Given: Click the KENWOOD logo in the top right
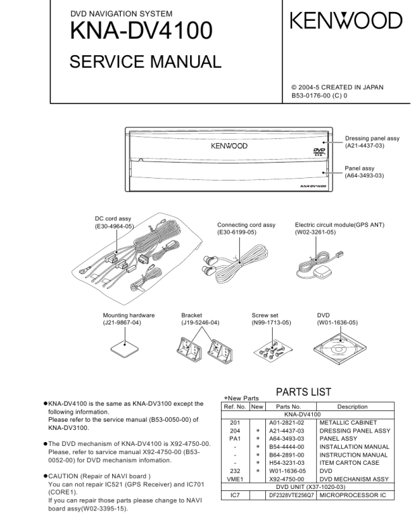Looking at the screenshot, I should tap(346, 21).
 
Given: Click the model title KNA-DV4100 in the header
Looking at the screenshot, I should tap(142, 31).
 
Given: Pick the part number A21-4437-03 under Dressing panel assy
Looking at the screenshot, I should tap(365, 146).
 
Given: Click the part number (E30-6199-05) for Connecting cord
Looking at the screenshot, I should tap(238, 232).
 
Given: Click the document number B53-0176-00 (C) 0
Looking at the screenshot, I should tap(319, 95).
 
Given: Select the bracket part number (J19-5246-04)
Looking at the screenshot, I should tap(200, 322).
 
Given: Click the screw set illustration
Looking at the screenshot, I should tap(271, 347).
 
